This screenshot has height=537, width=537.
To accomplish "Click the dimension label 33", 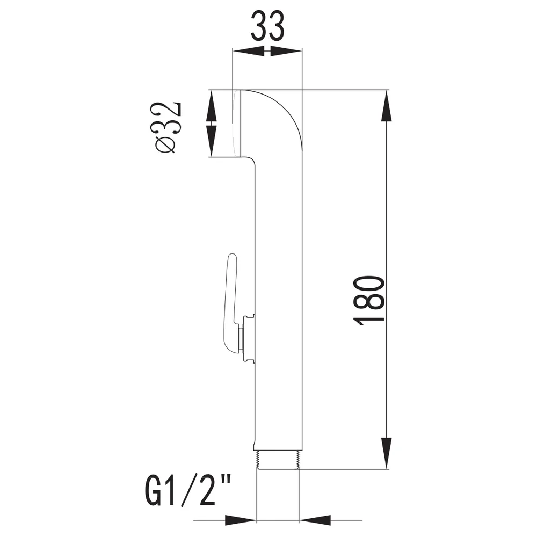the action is [x=267, y=26].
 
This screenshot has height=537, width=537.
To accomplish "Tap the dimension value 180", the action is [x=369, y=300].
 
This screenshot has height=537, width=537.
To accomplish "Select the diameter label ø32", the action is [x=168, y=127].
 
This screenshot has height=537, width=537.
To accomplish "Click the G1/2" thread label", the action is [x=187, y=491].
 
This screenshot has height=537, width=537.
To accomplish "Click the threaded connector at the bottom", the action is [x=278, y=459].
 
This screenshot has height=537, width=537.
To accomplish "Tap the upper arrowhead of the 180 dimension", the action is [x=386, y=106].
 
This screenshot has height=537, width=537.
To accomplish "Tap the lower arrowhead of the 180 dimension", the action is [x=386, y=453].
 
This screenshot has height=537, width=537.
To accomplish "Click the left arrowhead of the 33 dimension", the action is [x=249, y=52].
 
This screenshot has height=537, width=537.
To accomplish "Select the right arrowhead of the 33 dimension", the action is [x=286, y=52].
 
